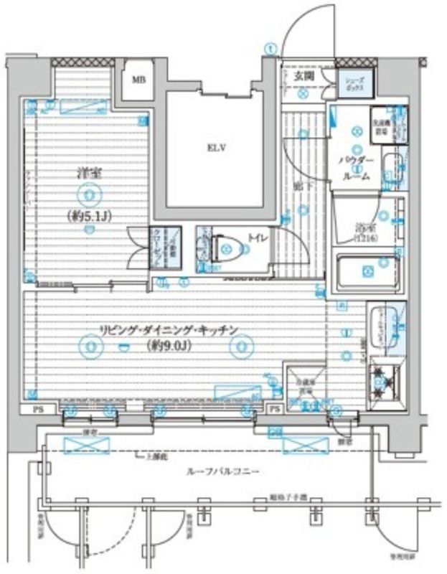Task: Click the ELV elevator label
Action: coord(217,149)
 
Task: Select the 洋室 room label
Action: coord(88,171)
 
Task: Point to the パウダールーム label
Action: coord(357,167)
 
